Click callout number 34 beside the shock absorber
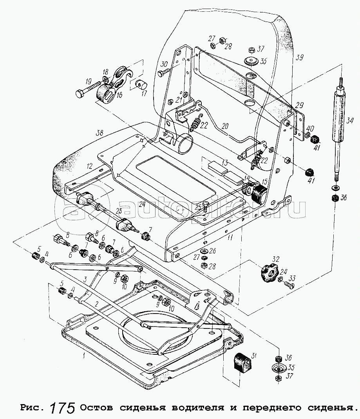pyautogui.click(x=351, y=120)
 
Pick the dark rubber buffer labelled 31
pyautogui.click(x=241, y=363)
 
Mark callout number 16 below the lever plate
pyautogui.click(x=118, y=95)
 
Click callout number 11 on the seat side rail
pyautogui.click(x=230, y=237)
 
